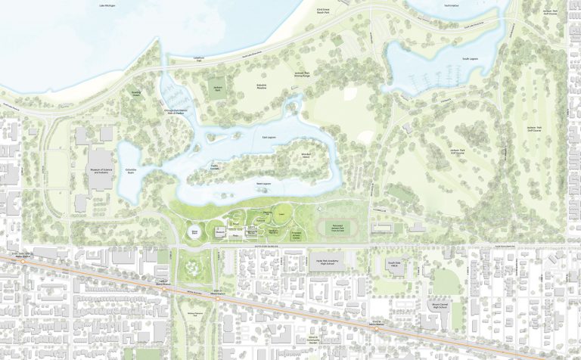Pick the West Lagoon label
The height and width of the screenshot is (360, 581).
tap(263, 184)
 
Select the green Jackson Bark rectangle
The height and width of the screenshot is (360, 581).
tap(218, 86)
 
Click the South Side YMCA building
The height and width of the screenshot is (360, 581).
tap(393, 266)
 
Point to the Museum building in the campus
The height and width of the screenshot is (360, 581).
tap(195, 230)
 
